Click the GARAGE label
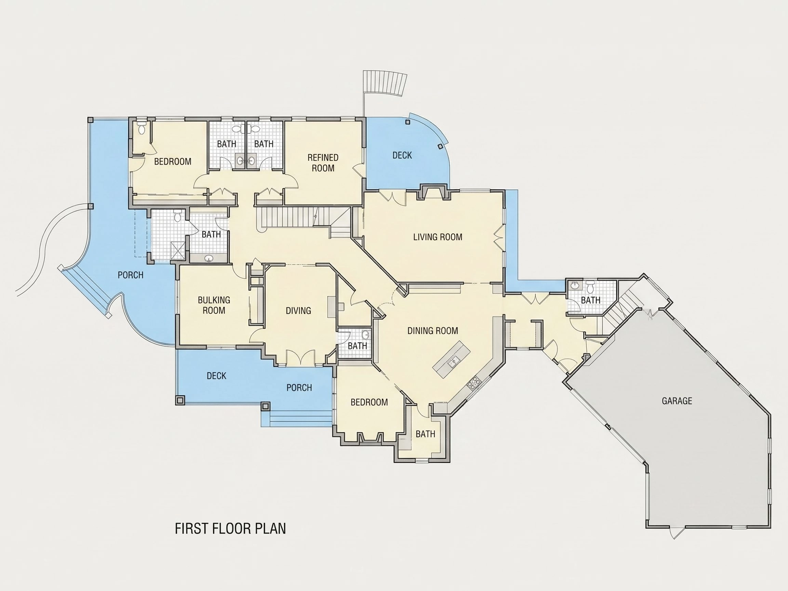pyautogui.click(x=677, y=401)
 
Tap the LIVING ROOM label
pyautogui.click(x=438, y=237)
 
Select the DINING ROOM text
pyautogui.click(x=432, y=331)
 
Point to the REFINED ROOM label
pyautogui.click(x=323, y=163)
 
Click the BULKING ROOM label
pyautogui.click(x=214, y=305)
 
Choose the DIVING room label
pyautogui.click(x=298, y=311)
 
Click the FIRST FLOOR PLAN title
pyautogui.click(x=230, y=529)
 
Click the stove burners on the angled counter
pyautogui.click(x=474, y=383)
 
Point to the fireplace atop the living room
pyautogui.click(x=433, y=192)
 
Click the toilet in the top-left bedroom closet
pyautogui.click(x=142, y=127)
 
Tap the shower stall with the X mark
pyautogui.click(x=177, y=250)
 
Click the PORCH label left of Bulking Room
pyautogui.click(x=130, y=275)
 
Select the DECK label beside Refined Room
pyautogui.click(x=402, y=155)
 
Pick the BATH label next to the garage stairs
pyautogui.click(x=590, y=300)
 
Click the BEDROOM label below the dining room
pyautogui.click(x=369, y=402)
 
